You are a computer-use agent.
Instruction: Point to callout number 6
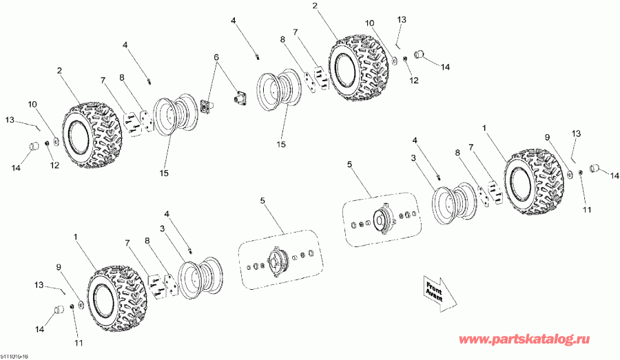point(216,57)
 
